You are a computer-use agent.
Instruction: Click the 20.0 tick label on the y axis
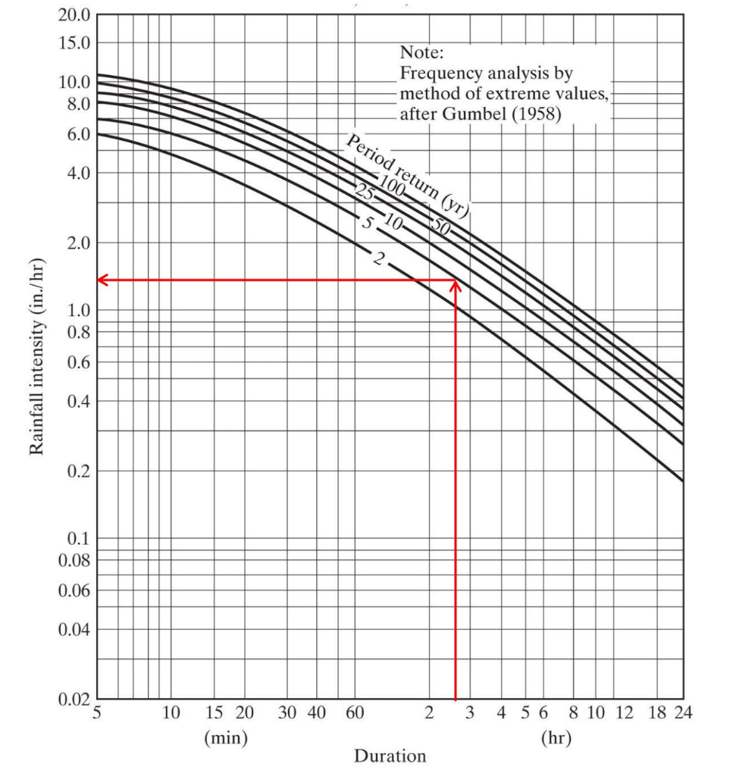coord(74,15)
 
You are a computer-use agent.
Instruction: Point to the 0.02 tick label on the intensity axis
coord(74,699)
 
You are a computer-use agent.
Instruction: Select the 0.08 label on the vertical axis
coord(74,561)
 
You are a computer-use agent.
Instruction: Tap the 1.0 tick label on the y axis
coord(78,311)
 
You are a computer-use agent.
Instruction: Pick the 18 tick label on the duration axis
coord(657,713)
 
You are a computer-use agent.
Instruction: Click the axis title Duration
coord(390,756)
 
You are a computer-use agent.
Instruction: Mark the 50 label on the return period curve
coord(441,224)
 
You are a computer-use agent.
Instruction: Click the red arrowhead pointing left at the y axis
coord(102,280)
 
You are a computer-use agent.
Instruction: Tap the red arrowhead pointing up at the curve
coord(456,286)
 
